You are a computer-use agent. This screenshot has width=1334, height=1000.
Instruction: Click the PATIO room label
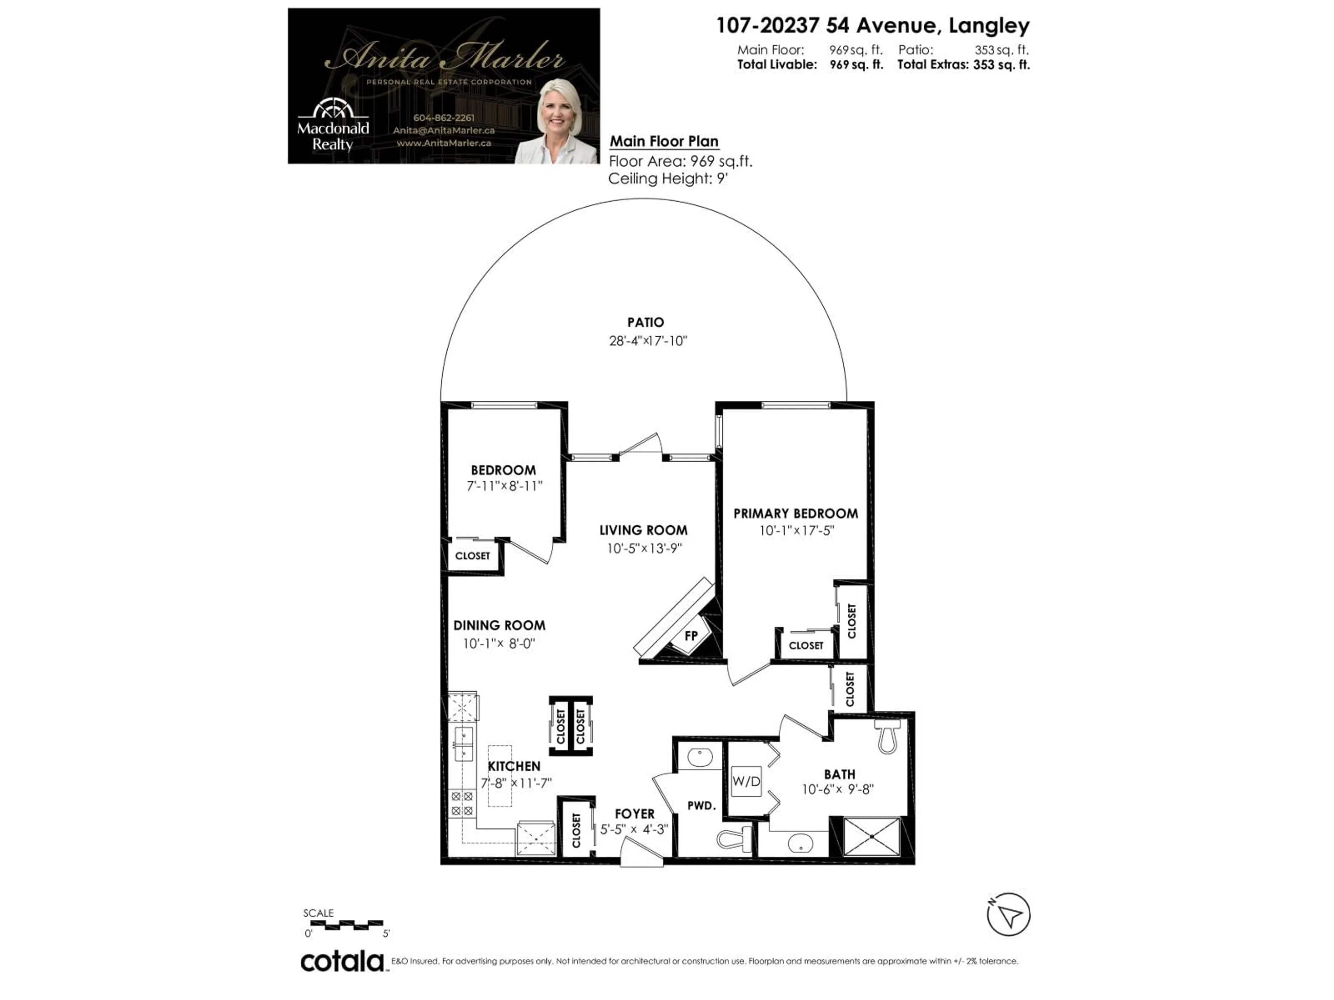[645, 323]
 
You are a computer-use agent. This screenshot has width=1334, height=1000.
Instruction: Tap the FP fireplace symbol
[691, 636]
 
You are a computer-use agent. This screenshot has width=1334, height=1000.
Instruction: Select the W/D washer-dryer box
[746, 781]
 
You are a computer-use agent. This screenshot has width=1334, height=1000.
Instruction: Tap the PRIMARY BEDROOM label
[796, 514]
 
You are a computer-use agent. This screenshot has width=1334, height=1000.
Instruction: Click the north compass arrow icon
[1008, 914]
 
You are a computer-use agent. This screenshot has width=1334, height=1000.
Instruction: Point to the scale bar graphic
[346, 924]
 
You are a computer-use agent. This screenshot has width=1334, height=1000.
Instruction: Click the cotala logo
[342, 961]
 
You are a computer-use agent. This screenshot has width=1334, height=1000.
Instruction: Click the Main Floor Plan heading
[664, 141]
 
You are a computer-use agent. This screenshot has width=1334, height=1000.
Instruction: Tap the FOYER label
[634, 814]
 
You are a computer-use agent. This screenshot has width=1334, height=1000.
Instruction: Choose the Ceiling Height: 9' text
[668, 178]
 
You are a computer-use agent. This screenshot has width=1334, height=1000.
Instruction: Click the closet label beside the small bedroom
[472, 556]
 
